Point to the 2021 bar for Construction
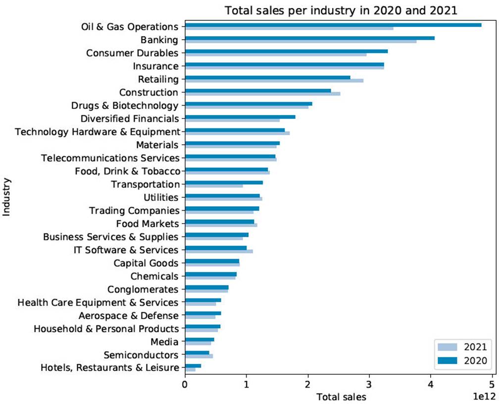(262, 94)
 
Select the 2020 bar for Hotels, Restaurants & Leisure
(193, 366)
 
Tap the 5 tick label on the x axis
(492, 384)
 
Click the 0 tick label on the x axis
(185, 384)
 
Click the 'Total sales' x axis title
(341, 397)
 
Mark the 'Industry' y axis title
(7, 197)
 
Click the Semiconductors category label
(141, 355)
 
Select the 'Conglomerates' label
(143, 289)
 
